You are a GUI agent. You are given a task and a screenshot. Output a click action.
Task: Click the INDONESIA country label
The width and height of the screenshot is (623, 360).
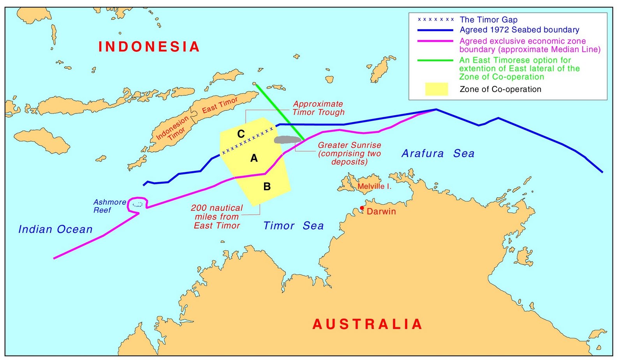149,47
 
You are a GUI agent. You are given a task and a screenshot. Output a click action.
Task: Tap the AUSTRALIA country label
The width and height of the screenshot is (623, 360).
367,324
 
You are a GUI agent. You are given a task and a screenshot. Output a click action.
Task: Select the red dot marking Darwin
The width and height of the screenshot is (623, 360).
362,208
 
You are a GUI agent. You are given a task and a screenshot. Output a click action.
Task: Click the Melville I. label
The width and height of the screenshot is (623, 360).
374,186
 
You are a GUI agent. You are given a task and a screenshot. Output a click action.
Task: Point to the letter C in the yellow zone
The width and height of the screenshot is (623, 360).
241,134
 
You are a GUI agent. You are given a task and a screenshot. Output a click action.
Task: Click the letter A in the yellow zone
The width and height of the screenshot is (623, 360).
254,158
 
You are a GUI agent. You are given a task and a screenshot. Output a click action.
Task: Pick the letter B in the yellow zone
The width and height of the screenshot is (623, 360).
267,187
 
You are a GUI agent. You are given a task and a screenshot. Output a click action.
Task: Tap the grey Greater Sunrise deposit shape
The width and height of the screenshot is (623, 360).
287,139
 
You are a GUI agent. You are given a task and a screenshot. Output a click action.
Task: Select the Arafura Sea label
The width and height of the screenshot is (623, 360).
438,153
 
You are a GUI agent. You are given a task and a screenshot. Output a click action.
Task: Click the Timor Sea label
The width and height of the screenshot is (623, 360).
293,226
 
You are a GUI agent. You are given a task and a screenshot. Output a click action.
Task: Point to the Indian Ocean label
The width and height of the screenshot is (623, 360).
55,229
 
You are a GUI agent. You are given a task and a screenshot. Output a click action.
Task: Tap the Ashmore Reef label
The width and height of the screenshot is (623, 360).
109,206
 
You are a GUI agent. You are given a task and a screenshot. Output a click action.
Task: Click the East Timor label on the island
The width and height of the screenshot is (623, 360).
220,105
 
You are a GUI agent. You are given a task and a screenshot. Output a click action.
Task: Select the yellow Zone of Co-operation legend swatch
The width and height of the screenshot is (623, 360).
436,89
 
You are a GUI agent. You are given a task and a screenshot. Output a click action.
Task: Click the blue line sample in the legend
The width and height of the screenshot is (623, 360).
435,30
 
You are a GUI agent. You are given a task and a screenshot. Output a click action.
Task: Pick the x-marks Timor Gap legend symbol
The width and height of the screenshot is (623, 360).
435,19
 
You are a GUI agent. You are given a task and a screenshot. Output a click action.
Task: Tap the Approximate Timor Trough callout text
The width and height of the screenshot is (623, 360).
318,108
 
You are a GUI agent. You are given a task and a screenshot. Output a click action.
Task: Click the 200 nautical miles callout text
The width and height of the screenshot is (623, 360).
217,216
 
